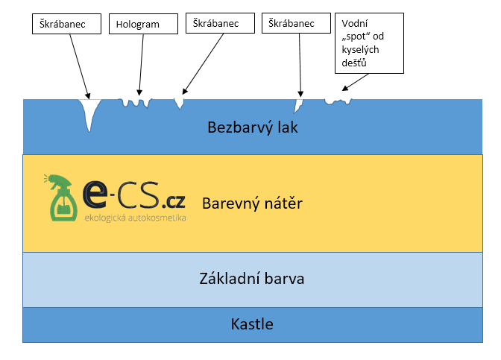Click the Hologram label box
pos(143,24)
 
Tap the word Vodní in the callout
pos(355,23)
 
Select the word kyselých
pos(360,50)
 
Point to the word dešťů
pos(353,63)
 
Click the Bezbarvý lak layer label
pos(253,127)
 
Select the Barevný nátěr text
pos(252,203)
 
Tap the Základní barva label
pos(252,279)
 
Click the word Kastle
pos(252,324)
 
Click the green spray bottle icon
pos(61,198)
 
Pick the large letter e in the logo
pos(95,194)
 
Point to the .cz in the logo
pos(174,201)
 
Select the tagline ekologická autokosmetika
pos(135,218)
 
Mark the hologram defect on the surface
pos(135,103)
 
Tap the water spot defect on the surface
pos(338,101)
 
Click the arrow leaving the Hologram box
pos(141,65)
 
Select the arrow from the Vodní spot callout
pos(356,82)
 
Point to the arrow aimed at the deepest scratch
pos(80,66)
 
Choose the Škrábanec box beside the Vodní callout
pos(296,23)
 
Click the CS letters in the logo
pos(138,195)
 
